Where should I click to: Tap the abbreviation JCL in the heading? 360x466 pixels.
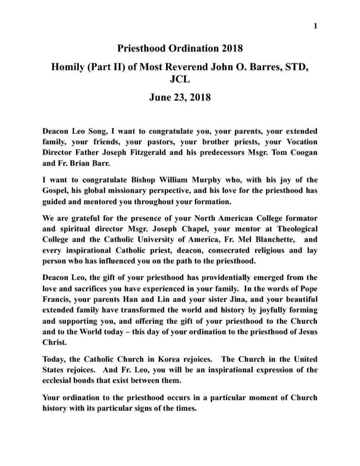(179, 83)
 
